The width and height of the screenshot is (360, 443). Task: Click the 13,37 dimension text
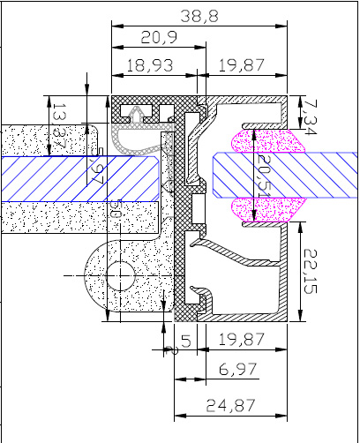pyautogui.click(x=59, y=124)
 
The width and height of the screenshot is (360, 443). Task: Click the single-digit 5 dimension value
pyautogui.click(x=185, y=340)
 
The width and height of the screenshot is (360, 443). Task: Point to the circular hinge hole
pyautogui.click(x=121, y=275)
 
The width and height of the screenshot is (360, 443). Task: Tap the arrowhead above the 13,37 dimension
pyautogui.click(x=87, y=87)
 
